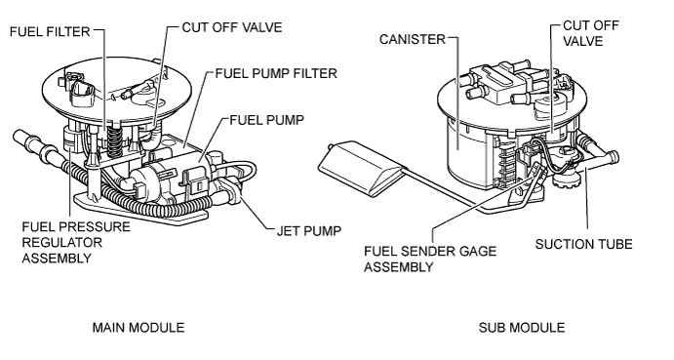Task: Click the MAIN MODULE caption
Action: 138,328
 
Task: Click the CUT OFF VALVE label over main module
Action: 231,27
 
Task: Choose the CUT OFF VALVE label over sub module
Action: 591,35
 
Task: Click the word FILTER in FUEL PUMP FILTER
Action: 315,73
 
